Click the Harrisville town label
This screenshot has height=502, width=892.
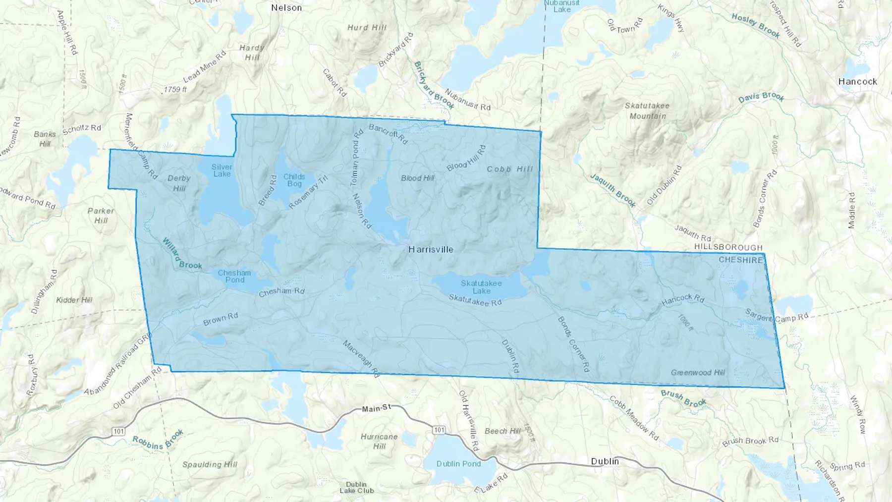click(x=431, y=249)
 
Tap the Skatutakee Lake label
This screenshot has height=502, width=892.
click(x=481, y=287)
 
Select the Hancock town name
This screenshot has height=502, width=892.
click(x=857, y=82)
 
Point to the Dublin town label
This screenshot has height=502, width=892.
click(x=605, y=461)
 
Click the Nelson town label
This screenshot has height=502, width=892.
click(x=286, y=8)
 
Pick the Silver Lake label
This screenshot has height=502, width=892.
click(x=222, y=170)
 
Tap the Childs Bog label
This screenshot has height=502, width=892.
click(x=294, y=180)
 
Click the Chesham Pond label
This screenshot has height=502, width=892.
click(x=234, y=276)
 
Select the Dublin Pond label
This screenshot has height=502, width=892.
click(x=458, y=464)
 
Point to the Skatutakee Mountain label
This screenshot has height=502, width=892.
click(x=647, y=111)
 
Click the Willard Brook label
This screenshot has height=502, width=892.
click(x=182, y=254)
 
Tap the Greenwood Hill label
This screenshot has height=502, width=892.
click(x=698, y=373)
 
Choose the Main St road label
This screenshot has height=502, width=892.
click(x=376, y=408)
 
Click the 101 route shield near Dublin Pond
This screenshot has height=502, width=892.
click(x=439, y=430)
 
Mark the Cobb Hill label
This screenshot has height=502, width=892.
click(x=510, y=169)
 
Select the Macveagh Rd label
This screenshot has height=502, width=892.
click(x=361, y=358)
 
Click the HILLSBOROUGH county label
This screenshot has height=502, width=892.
click(x=728, y=247)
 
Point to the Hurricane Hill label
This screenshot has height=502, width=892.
click(x=379, y=441)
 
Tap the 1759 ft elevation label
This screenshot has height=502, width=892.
click(x=175, y=90)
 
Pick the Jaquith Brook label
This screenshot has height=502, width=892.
click(x=613, y=190)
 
